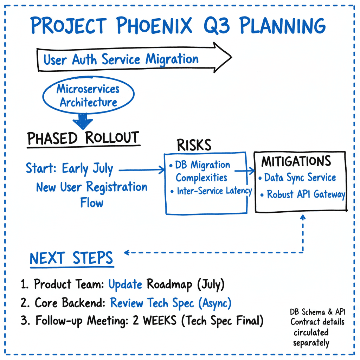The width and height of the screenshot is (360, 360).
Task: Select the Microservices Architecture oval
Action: pyautogui.click(x=88, y=96)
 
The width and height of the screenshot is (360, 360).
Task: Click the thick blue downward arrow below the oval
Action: pyautogui.click(x=83, y=121)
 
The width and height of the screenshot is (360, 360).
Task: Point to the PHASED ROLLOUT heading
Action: pyautogui.click(x=83, y=138)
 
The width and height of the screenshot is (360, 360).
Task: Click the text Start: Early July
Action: pyautogui.click(x=70, y=169)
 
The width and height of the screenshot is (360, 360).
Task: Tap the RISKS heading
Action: pyautogui.click(x=194, y=144)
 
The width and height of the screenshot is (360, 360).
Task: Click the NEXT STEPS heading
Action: pyautogui.click(x=71, y=258)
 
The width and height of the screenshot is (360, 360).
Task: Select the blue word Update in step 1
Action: pyautogui.click(x=125, y=284)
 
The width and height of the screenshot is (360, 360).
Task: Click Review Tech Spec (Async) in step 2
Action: pyautogui.click(x=171, y=303)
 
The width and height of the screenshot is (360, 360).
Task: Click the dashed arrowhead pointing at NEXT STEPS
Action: pyautogui.click(x=127, y=252)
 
